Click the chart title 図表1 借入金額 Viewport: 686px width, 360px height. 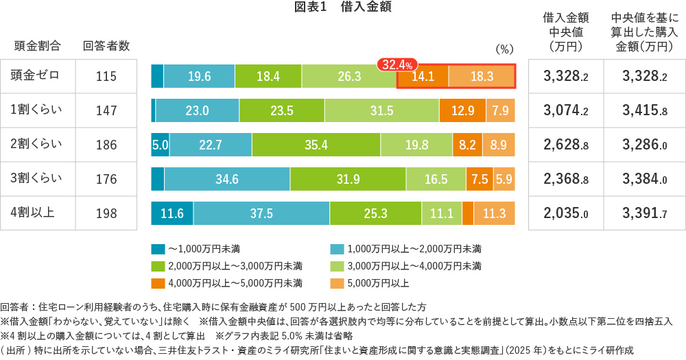point(342,8)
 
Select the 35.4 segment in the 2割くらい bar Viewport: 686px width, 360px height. point(316,145)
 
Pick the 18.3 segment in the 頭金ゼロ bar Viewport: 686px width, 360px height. point(482,76)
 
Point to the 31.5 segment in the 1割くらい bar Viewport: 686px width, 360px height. point(381,110)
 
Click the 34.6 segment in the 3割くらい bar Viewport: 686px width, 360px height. point(226,179)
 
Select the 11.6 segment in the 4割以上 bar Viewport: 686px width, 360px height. point(171,213)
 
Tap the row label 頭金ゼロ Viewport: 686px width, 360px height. point(35,76)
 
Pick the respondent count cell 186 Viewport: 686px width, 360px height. point(106,145)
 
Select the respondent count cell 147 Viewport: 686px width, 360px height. point(106,110)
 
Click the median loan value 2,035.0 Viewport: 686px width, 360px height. point(566,213)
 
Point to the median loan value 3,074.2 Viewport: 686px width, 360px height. point(566,110)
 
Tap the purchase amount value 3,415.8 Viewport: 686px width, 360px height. point(645,110)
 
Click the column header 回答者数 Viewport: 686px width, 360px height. point(106,46)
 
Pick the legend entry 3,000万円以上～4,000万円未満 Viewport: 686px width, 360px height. point(412,265)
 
